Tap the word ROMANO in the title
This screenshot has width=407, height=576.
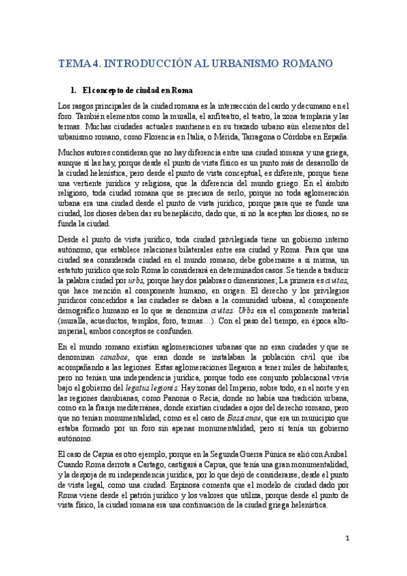tap(307, 65)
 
